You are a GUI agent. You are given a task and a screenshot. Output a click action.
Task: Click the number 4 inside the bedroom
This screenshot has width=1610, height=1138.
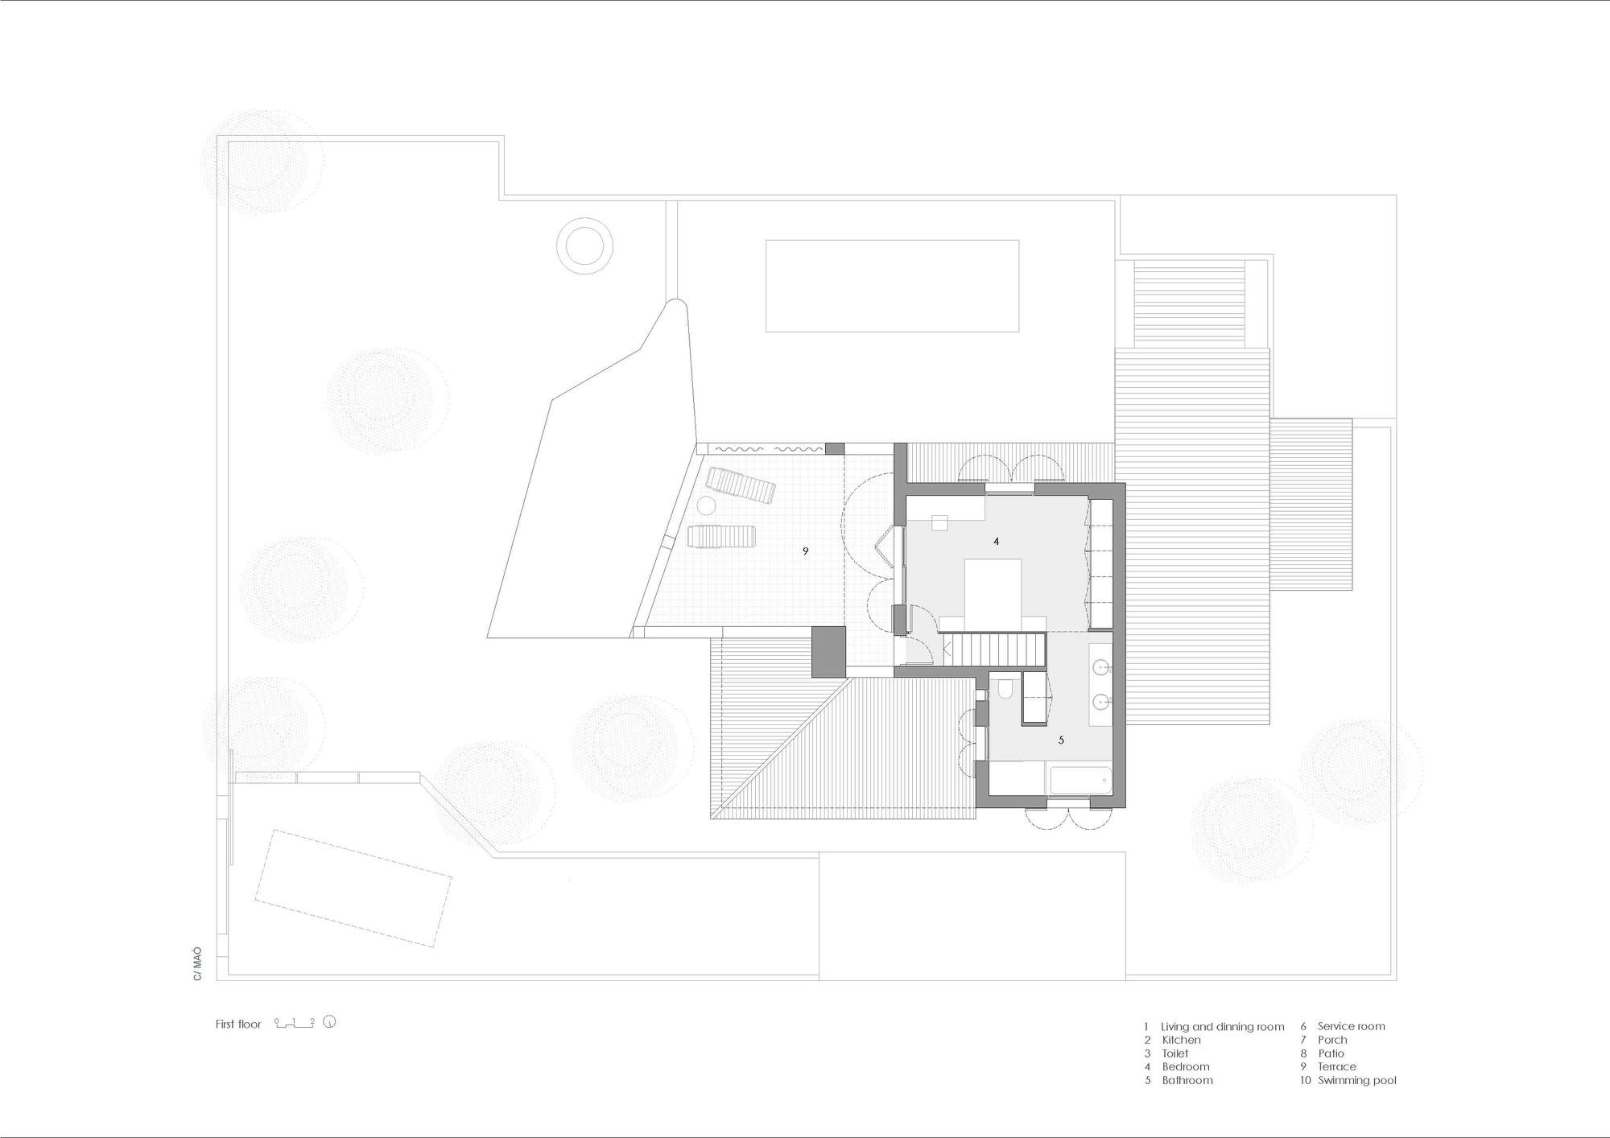tap(996, 542)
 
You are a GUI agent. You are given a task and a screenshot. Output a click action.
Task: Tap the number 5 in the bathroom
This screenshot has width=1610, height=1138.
tap(1061, 740)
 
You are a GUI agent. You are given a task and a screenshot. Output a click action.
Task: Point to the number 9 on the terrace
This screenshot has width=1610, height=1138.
tap(805, 551)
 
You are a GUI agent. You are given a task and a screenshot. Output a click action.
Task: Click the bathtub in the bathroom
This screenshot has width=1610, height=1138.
tap(1080, 781)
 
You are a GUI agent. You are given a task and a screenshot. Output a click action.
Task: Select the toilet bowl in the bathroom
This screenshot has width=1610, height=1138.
tap(1005, 691)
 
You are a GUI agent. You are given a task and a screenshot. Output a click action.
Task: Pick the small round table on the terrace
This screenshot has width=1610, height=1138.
tap(706, 506)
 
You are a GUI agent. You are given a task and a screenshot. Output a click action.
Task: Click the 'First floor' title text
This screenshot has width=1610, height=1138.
tap(238, 1025)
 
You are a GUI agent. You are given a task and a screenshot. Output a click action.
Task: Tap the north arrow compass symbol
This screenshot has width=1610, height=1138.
tap(329, 1023)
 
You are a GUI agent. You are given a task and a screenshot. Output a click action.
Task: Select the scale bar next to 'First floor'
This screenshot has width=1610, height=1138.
tap(294, 1024)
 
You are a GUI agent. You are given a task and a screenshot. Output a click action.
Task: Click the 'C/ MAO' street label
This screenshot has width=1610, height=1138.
tap(197, 963)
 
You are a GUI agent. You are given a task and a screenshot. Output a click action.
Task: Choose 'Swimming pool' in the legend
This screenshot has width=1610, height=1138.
tap(1356, 1080)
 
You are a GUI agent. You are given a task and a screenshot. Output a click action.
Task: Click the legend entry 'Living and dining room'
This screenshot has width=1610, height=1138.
tap(1222, 1027)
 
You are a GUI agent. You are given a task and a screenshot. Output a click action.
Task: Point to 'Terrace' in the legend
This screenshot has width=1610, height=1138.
tap(1336, 1066)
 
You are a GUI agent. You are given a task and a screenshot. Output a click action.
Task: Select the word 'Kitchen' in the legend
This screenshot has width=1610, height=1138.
tap(1181, 1040)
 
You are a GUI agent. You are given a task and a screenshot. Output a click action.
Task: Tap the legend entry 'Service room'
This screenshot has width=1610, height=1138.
tap(1351, 1027)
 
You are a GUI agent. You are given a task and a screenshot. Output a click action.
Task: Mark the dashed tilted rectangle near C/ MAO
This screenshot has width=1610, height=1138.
tap(353, 888)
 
